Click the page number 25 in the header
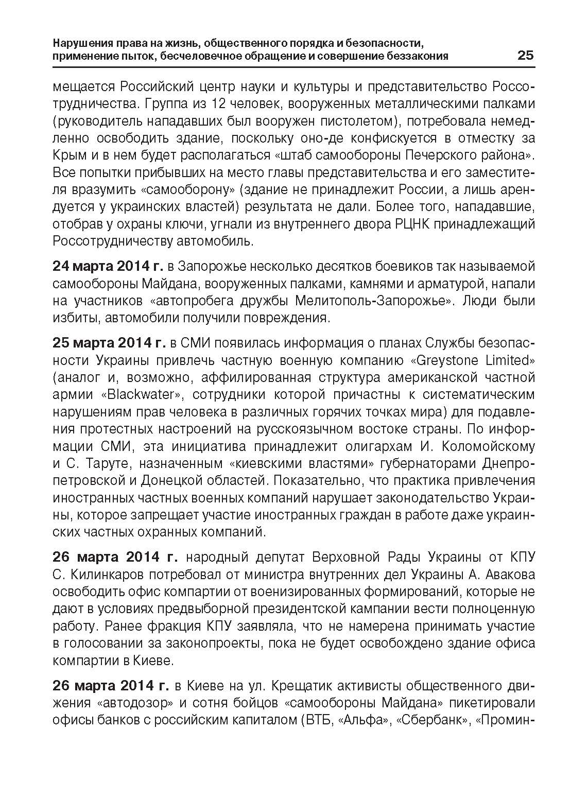(x=526, y=56)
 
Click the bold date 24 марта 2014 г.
(x=108, y=266)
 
